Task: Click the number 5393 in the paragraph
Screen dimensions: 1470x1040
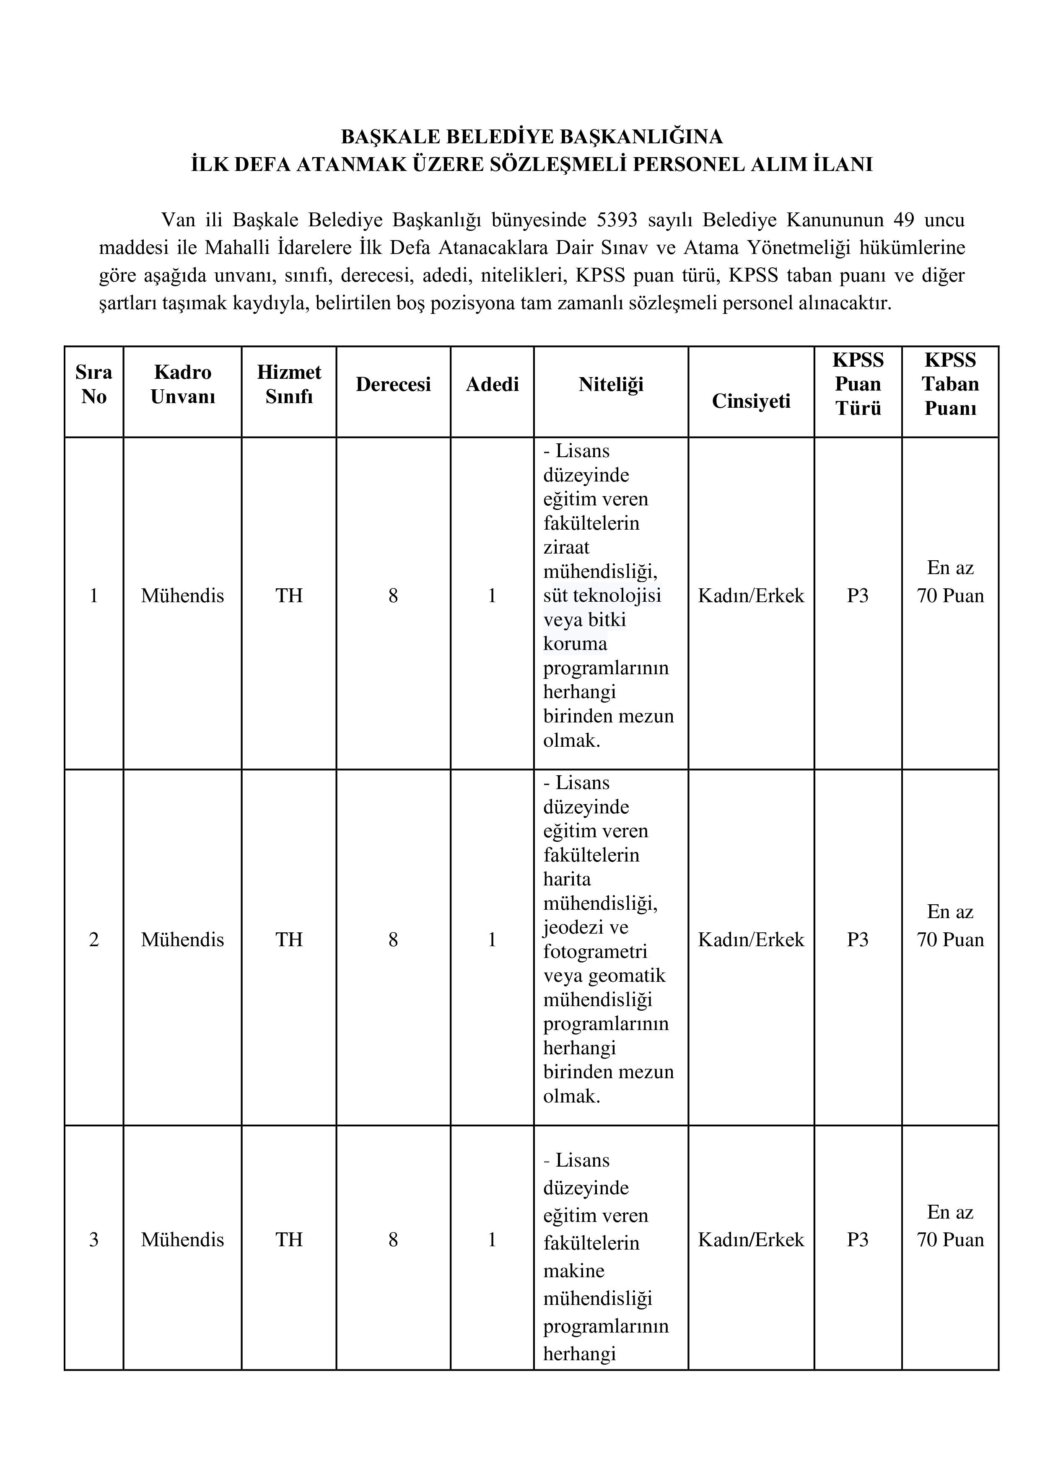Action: [x=617, y=220]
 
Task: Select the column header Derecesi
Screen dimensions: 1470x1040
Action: [x=393, y=384]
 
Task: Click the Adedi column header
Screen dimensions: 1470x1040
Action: [x=492, y=384]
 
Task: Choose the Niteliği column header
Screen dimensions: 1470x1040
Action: [x=610, y=384]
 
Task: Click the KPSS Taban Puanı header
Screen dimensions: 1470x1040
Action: [x=950, y=384]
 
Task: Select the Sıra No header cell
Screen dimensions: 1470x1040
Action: [x=93, y=384]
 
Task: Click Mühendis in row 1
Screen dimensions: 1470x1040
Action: [x=182, y=596]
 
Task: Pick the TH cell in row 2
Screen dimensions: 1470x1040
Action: [x=289, y=940]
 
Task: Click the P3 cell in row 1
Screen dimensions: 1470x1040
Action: [x=858, y=596]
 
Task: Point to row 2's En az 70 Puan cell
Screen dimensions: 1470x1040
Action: [x=950, y=926]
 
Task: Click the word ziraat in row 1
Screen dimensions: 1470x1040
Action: [x=566, y=547]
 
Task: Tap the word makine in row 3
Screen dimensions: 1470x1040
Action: [x=574, y=1271]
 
